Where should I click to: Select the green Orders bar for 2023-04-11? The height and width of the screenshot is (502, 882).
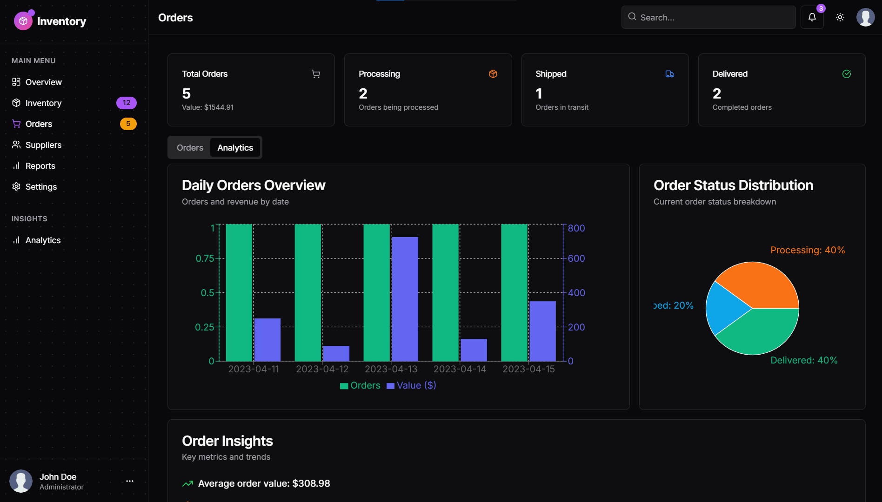point(239,292)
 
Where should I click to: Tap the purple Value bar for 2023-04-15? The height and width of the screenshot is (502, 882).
point(542,331)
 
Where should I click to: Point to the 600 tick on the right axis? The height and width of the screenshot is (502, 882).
point(576,258)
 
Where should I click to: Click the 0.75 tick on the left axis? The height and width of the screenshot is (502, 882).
point(205,258)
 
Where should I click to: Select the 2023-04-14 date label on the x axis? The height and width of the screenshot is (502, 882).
point(460,369)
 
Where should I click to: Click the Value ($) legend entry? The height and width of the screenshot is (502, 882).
point(411,385)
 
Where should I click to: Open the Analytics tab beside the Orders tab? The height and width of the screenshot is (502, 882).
point(235,148)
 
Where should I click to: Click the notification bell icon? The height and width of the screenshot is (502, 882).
point(812,17)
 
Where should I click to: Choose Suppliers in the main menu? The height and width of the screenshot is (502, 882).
point(43,145)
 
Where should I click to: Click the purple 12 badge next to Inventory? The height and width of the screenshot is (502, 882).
point(126,103)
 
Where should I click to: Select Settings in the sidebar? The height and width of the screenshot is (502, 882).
point(41,187)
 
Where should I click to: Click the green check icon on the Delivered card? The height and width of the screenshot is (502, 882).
point(846,74)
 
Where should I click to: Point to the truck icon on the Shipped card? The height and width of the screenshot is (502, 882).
point(669,74)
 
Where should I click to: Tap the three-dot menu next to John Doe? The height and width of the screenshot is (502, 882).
point(130,481)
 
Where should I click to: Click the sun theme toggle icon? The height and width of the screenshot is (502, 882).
point(840,17)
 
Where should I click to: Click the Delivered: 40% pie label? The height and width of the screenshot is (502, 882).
point(803,360)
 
